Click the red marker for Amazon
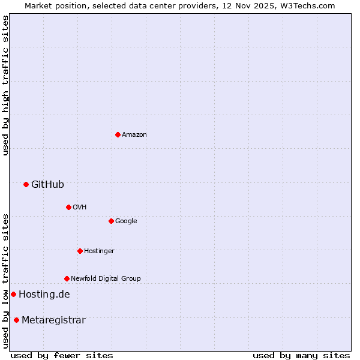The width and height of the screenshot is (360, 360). click(x=118, y=134)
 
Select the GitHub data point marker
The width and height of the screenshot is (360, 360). click(x=26, y=184)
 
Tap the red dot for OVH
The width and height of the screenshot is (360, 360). click(x=68, y=207)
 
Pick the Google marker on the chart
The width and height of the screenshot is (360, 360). click(x=111, y=221)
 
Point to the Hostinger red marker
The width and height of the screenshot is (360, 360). click(x=80, y=251)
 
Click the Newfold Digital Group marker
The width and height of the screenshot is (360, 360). click(x=67, y=278)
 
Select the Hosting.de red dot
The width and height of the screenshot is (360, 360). click(x=13, y=294)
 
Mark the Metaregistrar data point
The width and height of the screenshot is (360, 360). click(x=16, y=320)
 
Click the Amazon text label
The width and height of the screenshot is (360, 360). click(x=134, y=134)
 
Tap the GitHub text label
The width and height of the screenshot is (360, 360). click(x=47, y=184)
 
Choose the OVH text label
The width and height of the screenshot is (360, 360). click(x=80, y=207)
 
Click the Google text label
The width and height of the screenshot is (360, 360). click(x=126, y=221)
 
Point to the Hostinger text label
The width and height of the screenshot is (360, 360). click(x=99, y=251)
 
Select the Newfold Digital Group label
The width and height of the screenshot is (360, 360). click(x=106, y=278)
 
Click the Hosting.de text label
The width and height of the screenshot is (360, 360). click(x=44, y=294)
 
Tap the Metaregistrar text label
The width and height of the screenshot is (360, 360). click(x=53, y=320)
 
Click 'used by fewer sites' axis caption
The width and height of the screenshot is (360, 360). click(x=62, y=355)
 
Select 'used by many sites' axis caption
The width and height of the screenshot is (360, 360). click(x=301, y=355)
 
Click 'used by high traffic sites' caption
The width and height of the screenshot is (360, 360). click(x=5, y=85)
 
